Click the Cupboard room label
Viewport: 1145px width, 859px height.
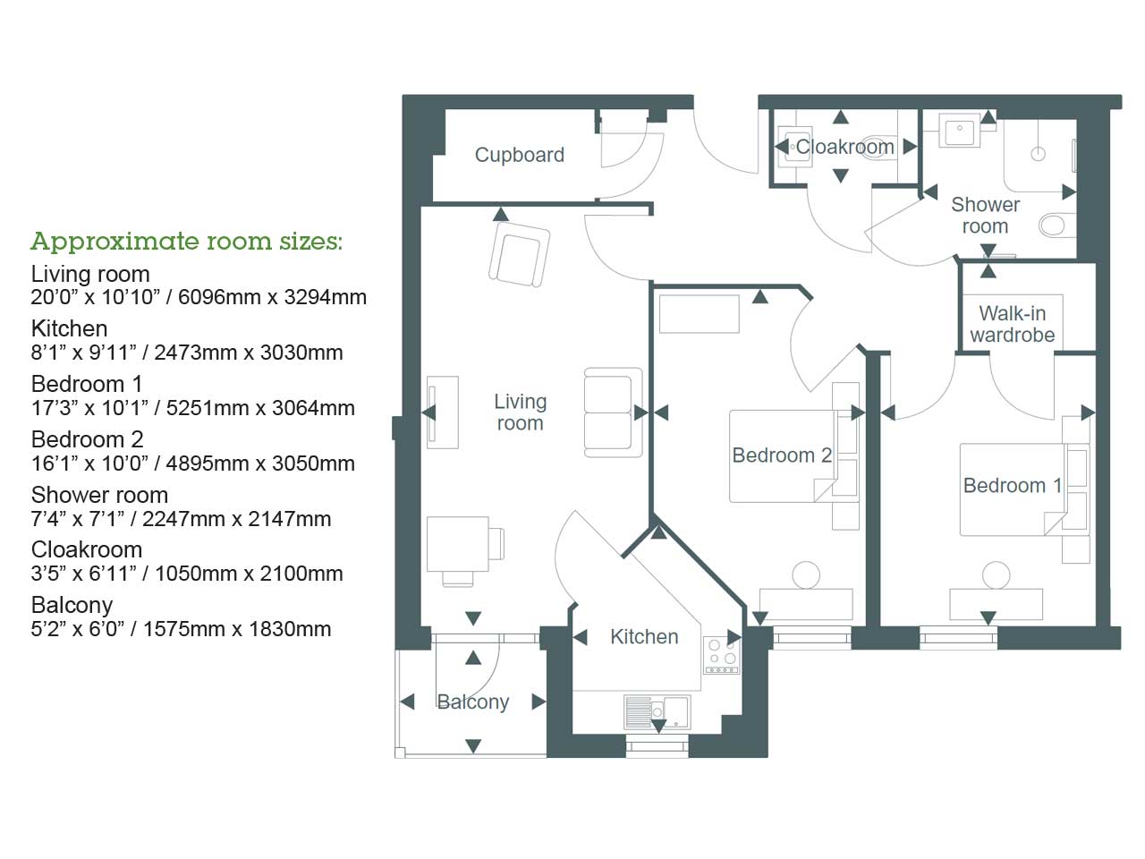(x=519, y=155)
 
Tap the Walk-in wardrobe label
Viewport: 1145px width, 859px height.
(x=1012, y=324)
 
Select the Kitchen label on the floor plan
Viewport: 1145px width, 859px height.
(x=644, y=637)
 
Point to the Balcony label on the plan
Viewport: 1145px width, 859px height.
(x=472, y=702)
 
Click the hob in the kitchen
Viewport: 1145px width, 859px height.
(x=721, y=656)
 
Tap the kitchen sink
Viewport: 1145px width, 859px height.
(x=657, y=711)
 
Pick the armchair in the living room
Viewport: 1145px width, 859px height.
(x=519, y=254)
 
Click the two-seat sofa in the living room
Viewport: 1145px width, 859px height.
(x=613, y=412)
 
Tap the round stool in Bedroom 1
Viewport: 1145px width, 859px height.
(x=996, y=575)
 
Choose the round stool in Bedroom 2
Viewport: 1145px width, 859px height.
(x=806, y=575)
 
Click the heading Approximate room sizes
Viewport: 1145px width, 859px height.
(x=186, y=242)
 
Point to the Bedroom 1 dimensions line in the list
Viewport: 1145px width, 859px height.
(x=192, y=408)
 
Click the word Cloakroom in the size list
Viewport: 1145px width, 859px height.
(x=87, y=549)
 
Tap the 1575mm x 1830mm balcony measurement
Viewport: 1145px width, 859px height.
(x=237, y=629)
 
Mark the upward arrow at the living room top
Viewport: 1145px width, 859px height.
(x=501, y=214)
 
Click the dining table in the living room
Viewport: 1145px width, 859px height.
(x=457, y=544)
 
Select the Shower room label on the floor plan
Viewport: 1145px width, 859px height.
(x=985, y=216)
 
